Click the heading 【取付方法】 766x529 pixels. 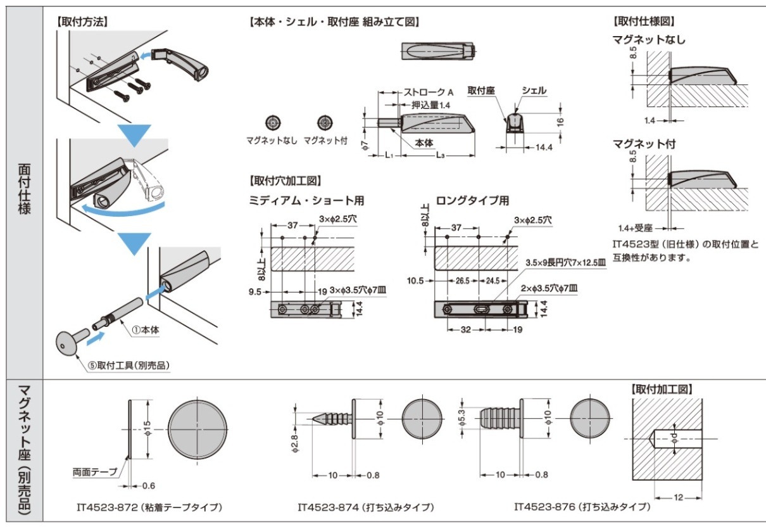(x=83, y=21)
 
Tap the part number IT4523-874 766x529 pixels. (x=323, y=507)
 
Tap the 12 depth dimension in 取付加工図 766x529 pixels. (x=679, y=498)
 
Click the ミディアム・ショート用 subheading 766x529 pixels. (x=306, y=201)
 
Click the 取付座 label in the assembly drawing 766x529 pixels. (x=480, y=91)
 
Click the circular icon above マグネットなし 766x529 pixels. (x=273, y=122)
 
